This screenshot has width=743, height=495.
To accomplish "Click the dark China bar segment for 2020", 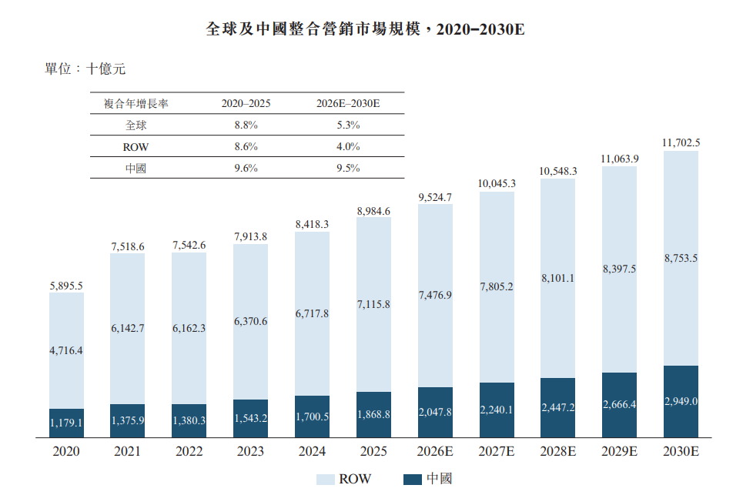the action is tap(66, 423).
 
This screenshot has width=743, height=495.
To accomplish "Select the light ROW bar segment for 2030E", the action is tap(681, 258).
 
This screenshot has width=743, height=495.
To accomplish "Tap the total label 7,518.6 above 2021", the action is tap(128, 247).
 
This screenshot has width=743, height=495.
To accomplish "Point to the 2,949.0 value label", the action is tap(681, 402).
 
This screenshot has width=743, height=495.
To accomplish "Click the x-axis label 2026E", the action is tap(435, 451).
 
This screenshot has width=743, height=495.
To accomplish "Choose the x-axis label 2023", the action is tap(250, 451).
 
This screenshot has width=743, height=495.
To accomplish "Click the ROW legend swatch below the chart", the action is tap(326, 480).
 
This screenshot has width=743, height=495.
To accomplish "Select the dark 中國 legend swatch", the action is tap(412, 480).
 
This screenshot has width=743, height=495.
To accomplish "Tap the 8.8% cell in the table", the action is tap(246, 125).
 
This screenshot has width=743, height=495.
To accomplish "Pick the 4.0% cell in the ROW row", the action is tap(348, 147).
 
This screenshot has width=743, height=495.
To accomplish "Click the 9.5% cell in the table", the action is tap(348, 168).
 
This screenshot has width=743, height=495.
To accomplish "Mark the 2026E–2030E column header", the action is tap(348, 104).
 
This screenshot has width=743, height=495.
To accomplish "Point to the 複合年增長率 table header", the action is tap(136, 104).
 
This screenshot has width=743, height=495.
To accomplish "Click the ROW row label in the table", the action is tap(136, 147).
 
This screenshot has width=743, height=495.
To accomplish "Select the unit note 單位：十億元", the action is tap(85, 69).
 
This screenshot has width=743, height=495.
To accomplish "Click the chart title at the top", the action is tap(365, 29).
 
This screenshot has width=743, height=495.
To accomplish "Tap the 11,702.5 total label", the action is tap(681, 142).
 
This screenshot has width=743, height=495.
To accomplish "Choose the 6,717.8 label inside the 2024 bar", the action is tap(312, 313).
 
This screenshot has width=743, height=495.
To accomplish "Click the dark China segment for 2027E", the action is tap(497, 410).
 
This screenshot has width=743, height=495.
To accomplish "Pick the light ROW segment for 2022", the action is tap(189, 328).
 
